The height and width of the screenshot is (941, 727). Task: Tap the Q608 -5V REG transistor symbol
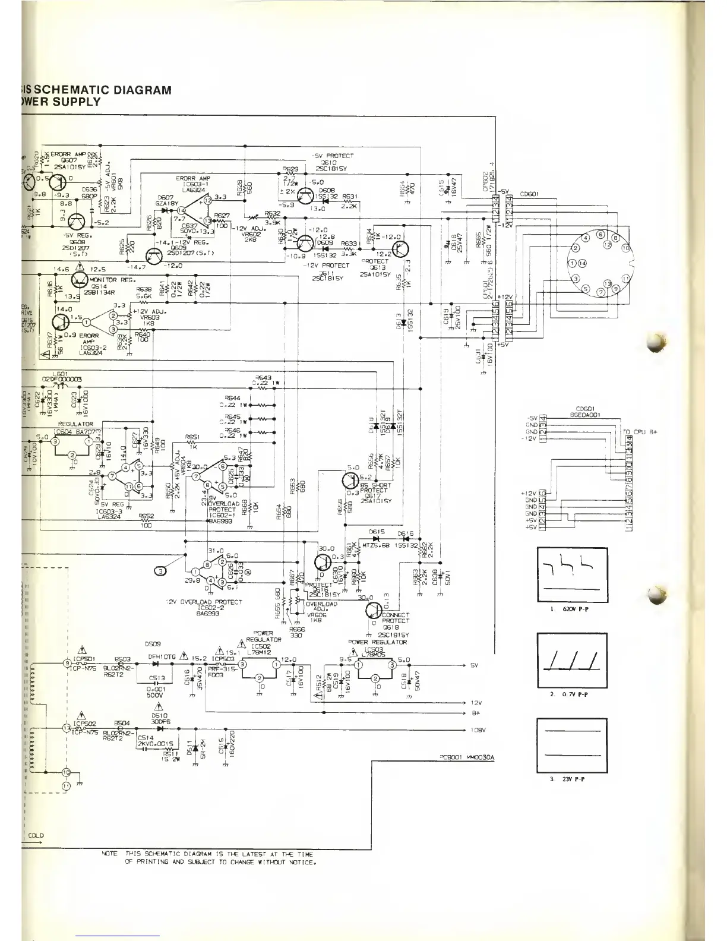click(77, 222)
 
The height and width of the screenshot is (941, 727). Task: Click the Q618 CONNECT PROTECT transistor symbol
click(374, 611)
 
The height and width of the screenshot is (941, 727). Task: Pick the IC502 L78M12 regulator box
click(259, 671)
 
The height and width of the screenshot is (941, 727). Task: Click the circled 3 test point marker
click(160, 571)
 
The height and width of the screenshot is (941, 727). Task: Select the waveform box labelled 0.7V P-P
click(572, 659)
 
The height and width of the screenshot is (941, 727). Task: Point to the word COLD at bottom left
click(36, 835)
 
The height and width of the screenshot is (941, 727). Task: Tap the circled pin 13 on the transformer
click(67, 728)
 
